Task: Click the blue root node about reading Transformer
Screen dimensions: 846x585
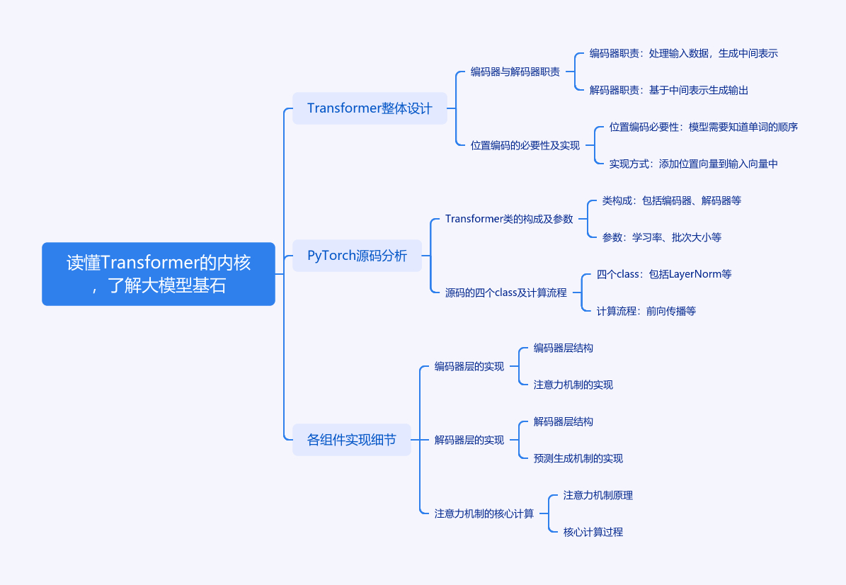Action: (159, 274)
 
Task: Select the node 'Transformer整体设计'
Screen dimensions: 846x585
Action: (370, 108)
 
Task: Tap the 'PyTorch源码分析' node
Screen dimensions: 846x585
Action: (358, 256)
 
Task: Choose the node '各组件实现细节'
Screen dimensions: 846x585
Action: (352, 440)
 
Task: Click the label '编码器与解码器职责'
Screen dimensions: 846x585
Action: (515, 72)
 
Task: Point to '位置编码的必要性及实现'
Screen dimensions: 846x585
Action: (525, 146)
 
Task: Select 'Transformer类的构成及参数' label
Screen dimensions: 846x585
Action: (509, 219)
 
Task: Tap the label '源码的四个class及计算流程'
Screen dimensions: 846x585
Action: (506, 293)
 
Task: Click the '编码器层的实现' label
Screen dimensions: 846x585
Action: (469, 366)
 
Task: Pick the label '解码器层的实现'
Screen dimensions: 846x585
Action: (469, 441)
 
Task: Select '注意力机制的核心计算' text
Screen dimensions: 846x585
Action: (484, 513)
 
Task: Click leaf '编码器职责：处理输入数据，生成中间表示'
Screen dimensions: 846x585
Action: (684, 53)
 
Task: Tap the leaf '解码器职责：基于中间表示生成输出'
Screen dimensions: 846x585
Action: (669, 90)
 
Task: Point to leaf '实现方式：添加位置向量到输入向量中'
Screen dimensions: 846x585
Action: (693, 164)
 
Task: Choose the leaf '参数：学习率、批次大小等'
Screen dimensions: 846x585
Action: (661, 237)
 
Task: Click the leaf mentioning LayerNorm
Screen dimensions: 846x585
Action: (664, 274)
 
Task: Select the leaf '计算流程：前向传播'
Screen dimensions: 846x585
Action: (646, 312)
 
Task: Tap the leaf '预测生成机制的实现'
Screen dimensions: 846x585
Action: (578, 459)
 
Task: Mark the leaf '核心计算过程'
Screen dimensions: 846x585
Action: (593, 532)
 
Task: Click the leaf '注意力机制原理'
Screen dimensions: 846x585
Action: (598, 496)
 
